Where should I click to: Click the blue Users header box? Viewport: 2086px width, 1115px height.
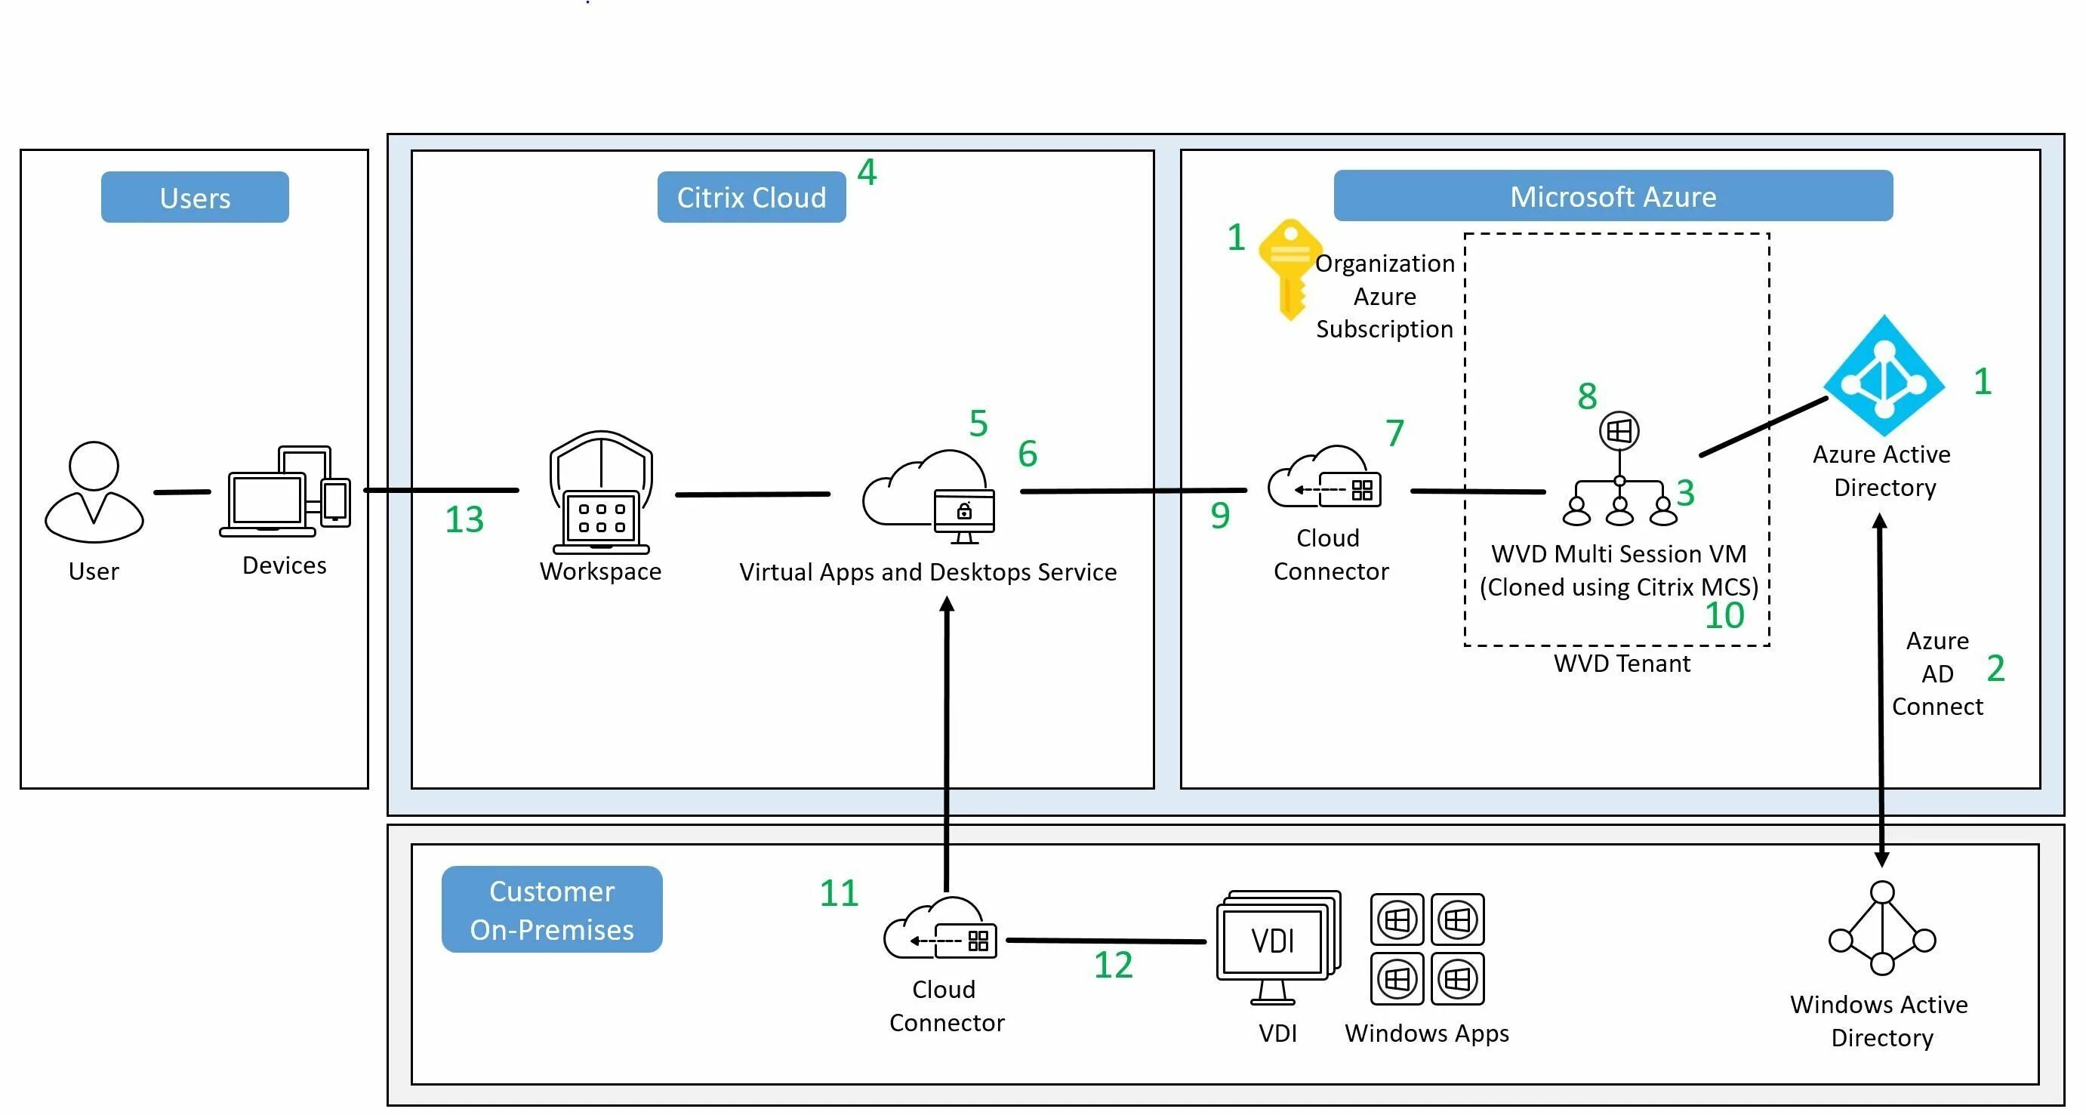194,197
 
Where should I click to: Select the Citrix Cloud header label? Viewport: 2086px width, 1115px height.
750,197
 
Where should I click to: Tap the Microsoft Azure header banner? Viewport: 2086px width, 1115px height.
1613,196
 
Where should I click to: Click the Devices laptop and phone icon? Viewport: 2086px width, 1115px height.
285,491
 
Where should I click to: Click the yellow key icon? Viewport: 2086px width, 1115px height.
1290,269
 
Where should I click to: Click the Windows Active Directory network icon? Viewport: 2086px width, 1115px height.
1882,929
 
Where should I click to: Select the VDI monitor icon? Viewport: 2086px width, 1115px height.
1277,946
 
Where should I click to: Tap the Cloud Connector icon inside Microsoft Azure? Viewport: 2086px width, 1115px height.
1325,479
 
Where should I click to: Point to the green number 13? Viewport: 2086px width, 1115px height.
464,520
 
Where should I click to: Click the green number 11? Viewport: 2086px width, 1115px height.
839,894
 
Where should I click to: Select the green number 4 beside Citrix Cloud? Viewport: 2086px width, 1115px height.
867,172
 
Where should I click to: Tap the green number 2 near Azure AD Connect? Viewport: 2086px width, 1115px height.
1995,669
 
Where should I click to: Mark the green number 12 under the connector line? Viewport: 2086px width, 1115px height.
1113,966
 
